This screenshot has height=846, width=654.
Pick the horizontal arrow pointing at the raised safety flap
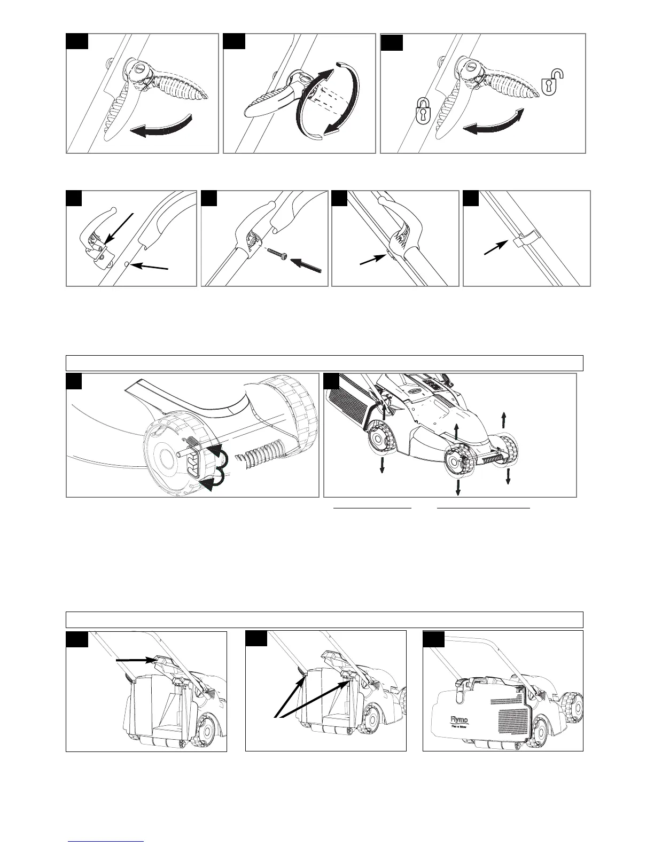[x=137, y=661]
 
